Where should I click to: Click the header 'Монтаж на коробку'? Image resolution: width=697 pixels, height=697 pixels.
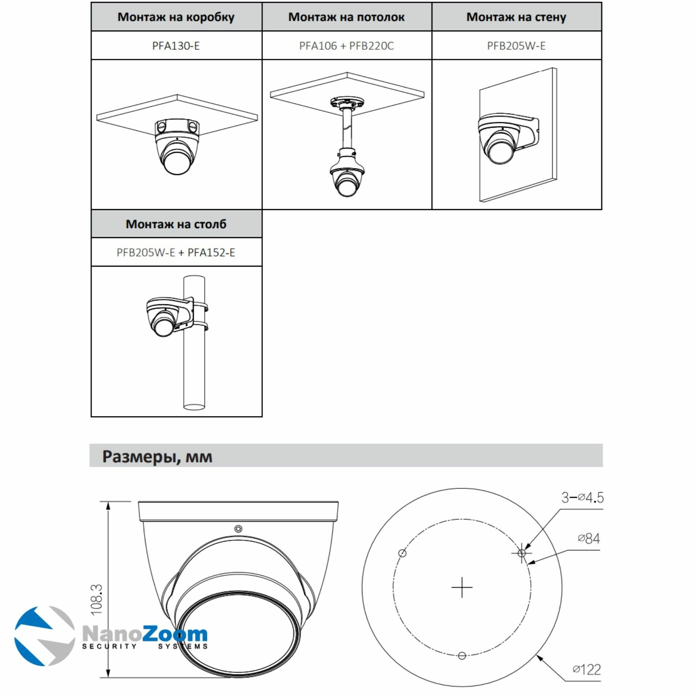point(176,17)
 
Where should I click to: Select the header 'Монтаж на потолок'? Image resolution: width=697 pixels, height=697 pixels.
point(346,17)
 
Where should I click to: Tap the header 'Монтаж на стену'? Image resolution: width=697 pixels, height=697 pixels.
point(516,17)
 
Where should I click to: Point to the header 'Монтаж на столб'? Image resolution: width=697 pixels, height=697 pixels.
point(176,224)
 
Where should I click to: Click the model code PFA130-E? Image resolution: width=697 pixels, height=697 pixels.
point(176,46)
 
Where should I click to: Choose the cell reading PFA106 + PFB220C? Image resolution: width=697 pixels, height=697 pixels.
point(346,46)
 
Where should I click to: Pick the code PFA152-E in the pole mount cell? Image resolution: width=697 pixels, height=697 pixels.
point(211,252)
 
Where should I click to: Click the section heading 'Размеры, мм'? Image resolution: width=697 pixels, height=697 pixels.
point(157,456)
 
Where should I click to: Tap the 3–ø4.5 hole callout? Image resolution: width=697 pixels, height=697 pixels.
point(582,497)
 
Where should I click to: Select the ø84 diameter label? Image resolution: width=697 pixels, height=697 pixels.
point(589,538)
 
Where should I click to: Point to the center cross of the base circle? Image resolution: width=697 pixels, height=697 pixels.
point(462,587)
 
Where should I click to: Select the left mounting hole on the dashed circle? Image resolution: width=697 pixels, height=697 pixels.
point(402,553)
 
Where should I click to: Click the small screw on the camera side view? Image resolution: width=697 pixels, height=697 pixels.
point(239,529)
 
